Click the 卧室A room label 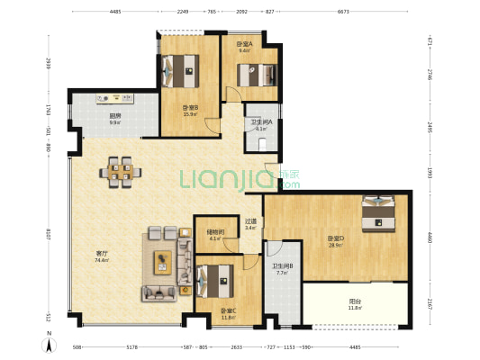pyautogui.click(x=244, y=44)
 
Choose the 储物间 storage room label pyautogui.click(x=215, y=232)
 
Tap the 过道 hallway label pyautogui.click(x=251, y=222)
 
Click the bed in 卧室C pyautogui.click(x=213, y=280)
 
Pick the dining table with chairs pyautogui.click(x=121, y=171)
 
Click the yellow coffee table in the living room pyautogui.click(x=163, y=262)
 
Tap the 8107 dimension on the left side pyautogui.click(x=48, y=236)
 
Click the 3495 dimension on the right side pyautogui.click(x=430, y=132)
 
